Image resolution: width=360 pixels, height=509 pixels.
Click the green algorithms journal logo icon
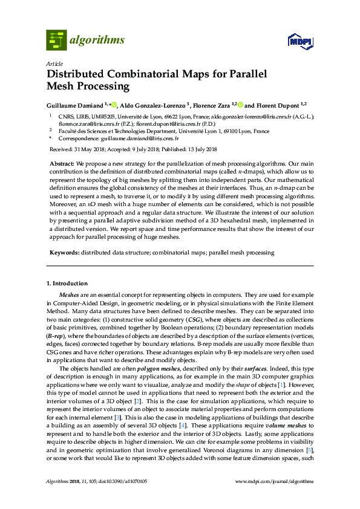(56, 40)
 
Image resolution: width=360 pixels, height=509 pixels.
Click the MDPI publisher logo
(300, 41)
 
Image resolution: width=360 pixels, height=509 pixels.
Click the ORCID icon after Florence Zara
(240, 104)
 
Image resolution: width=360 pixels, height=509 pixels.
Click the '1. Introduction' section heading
(67, 283)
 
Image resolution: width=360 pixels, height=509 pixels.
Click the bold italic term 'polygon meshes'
(156, 366)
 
